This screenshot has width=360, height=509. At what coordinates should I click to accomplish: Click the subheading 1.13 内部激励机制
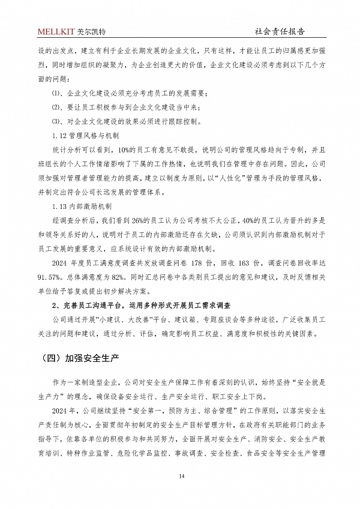(85, 206)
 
